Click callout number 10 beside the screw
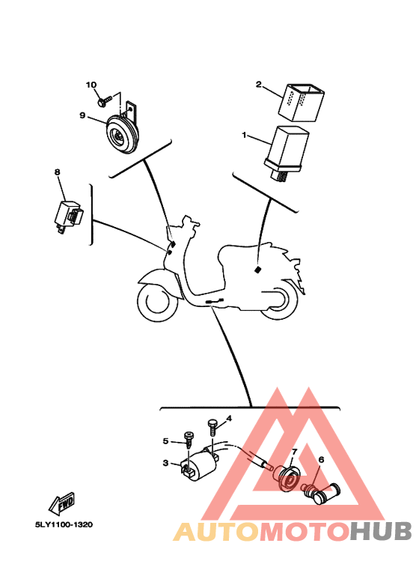pyautogui.click(x=91, y=85)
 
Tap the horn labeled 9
pyautogui.click(x=123, y=133)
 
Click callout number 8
pyautogui.click(x=57, y=172)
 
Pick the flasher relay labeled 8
pyautogui.click(x=68, y=216)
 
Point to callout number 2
pyautogui.click(x=259, y=85)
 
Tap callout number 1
pyautogui.click(x=244, y=135)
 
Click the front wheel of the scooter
pyautogui.click(x=156, y=301)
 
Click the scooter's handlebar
pyautogui.click(x=189, y=222)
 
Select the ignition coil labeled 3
pyautogui.click(x=200, y=464)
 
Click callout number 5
pyautogui.click(x=165, y=441)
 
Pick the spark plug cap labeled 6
pyautogui.click(x=320, y=491)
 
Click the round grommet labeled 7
pyautogui.click(x=288, y=479)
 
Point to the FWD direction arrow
pyautogui.click(x=61, y=503)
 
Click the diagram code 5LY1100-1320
pyautogui.click(x=64, y=525)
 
